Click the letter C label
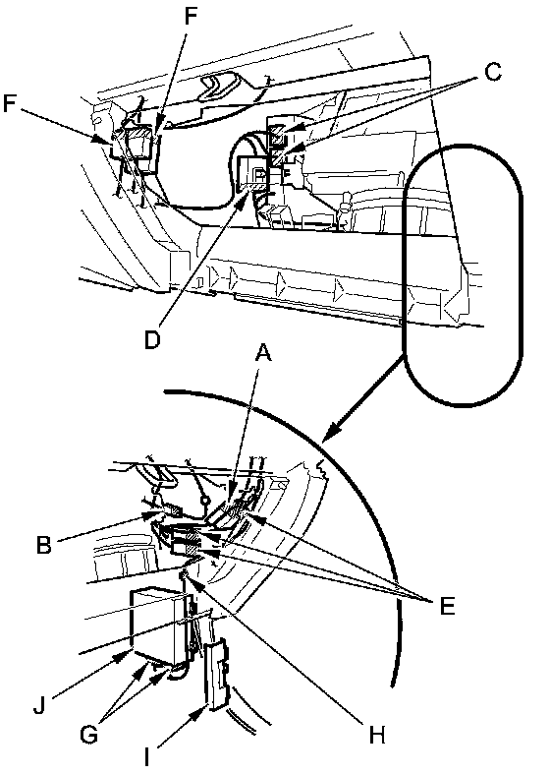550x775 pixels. [492, 73]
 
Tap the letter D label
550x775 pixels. [153, 339]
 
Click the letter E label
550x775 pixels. [446, 606]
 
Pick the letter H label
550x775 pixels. [377, 736]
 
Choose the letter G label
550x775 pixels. [88, 734]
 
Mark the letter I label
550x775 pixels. [146, 756]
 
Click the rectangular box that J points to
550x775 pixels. [158, 626]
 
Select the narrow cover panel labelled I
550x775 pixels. [217, 675]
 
